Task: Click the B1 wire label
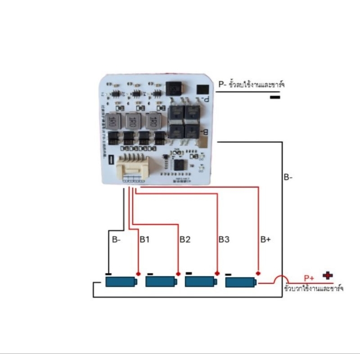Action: (x=144, y=239)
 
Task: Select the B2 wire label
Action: (x=185, y=239)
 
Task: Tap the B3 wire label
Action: (x=224, y=239)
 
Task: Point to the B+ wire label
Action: (x=265, y=239)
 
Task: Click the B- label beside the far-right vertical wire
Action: (x=288, y=178)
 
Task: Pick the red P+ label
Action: (x=309, y=278)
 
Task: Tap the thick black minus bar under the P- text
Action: (x=275, y=97)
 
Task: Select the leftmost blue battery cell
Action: (x=121, y=282)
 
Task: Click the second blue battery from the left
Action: (x=161, y=282)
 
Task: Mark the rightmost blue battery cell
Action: (x=240, y=282)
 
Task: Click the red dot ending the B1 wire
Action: (x=139, y=274)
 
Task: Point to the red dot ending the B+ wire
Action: (x=258, y=273)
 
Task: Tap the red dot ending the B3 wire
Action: (x=217, y=273)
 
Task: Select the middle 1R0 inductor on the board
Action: (x=131, y=120)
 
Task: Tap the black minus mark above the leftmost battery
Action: (x=108, y=273)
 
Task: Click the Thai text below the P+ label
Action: (x=314, y=288)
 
